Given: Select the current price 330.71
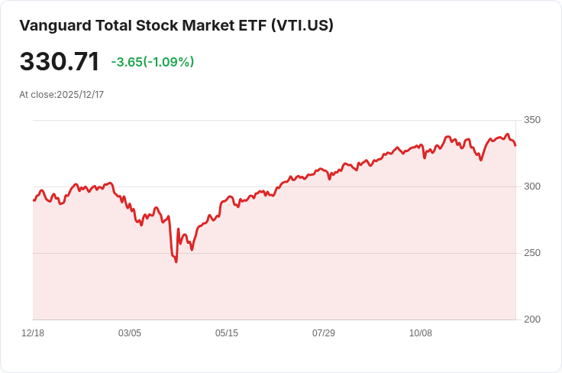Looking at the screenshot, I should click(60, 62).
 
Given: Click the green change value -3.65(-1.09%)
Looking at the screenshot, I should click(152, 62).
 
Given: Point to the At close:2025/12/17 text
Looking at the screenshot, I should click(61, 95).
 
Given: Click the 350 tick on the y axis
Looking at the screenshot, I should click(532, 120).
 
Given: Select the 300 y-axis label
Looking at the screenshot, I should click(532, 186).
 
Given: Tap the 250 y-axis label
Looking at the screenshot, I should click(532, 253).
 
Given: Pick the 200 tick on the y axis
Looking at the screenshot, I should click(532, 319).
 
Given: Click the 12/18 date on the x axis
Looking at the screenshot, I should click(33, 333).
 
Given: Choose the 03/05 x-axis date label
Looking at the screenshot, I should click(130, 333).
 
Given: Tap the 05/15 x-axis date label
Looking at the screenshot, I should click(227, 333).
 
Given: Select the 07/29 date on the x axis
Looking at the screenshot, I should click(324, 333).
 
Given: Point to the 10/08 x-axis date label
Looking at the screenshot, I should click(421, 333).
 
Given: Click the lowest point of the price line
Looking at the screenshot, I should click(176, 262).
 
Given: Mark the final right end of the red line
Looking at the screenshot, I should click(515, 145).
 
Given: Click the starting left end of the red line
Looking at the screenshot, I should click(34, 200).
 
